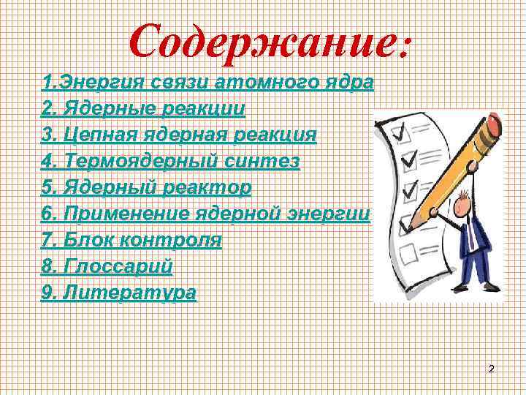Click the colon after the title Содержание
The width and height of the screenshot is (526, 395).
coord(406,45)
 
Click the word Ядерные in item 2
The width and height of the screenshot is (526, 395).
coord(108,109)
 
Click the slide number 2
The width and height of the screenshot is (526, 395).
coord(491,369)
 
